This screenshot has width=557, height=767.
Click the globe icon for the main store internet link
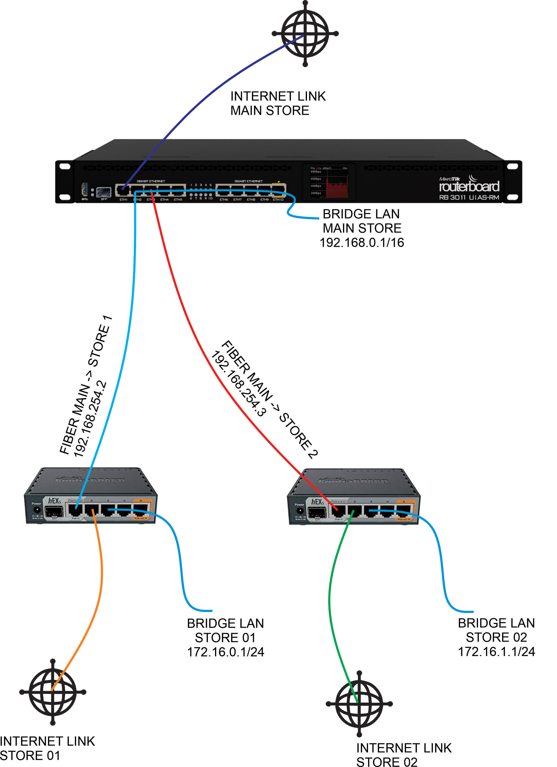click(x=305, y=33)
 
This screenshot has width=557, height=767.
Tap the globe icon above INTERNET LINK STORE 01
click(x=53, y=692)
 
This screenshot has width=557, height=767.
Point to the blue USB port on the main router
click(x=85, y=189)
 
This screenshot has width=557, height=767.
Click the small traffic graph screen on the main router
click(x=328, y=182)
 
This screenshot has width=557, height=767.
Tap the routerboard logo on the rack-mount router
click(x=469, y=186)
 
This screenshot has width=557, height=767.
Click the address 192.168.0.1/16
click(x=362, y=242)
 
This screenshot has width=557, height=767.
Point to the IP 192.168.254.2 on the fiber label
click(x=90, y=419)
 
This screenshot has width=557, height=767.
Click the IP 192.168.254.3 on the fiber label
click(x=239, y=383)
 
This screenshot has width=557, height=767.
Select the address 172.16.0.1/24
click(x=226, y=652)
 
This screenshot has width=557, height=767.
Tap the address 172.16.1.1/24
click(x=496, y=651)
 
